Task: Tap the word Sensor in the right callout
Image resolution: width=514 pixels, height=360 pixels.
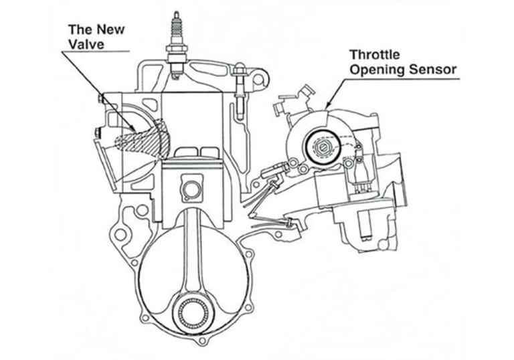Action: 436,70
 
